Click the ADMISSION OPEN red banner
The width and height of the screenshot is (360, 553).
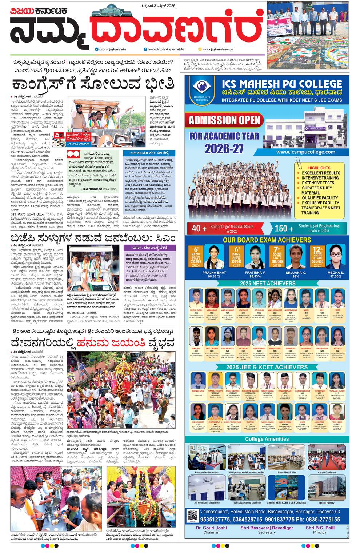coord(224,120)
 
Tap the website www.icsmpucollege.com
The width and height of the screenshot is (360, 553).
coord(305,152)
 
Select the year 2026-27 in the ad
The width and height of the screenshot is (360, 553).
coord(224,148)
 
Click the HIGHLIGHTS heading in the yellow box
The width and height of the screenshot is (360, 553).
coord(319,168)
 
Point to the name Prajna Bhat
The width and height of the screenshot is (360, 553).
coord(214,272)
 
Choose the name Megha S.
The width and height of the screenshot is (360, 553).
coord(335,272)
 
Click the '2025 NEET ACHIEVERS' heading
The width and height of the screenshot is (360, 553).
coord(267,283)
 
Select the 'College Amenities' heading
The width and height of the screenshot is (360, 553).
coord(267,439)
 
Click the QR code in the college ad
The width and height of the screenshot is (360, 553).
coord(192,516)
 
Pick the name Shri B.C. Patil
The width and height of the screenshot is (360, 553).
coord(320,528)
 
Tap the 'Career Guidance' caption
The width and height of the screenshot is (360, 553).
coord(326,472)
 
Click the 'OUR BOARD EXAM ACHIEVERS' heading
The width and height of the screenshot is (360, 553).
coord(267,240)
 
